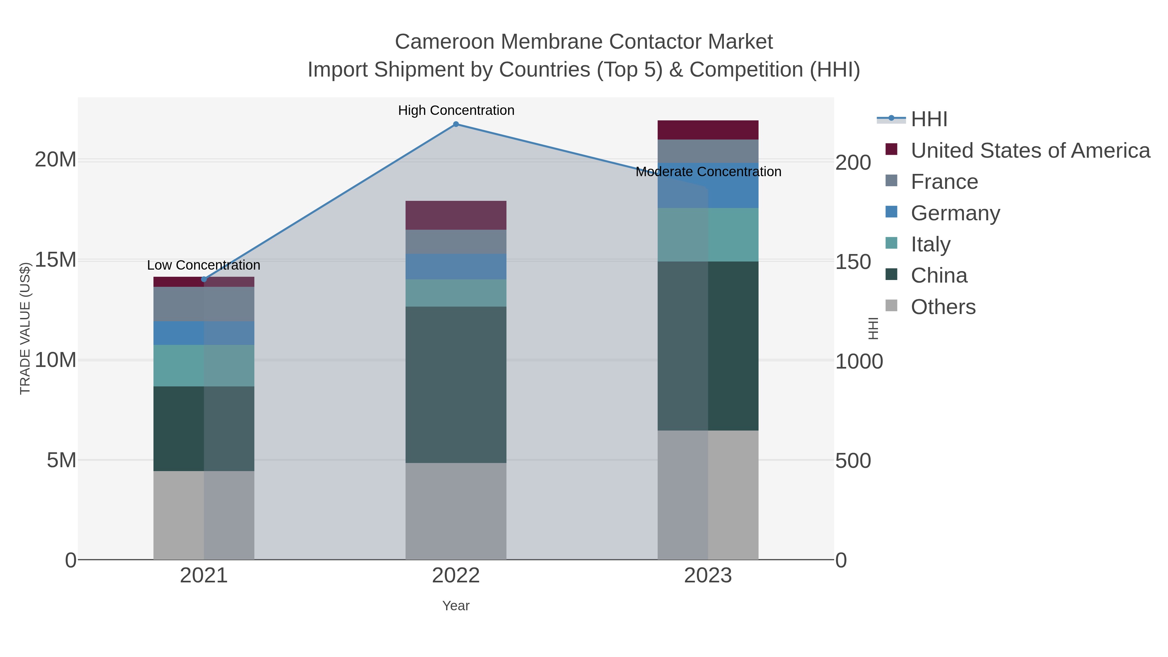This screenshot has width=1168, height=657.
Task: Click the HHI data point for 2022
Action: click(456, 124)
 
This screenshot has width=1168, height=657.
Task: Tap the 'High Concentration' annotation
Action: click(456, 111)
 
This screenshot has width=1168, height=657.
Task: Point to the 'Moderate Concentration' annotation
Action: click(708, 172)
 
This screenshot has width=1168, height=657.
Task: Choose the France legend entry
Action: click(944, 182)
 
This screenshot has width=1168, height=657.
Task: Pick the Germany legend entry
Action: click(955, 213)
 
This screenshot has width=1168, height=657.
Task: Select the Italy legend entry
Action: click(931, 244)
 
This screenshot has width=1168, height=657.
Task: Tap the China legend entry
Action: click(939, 276)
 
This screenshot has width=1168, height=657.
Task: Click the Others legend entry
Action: click(943, 307)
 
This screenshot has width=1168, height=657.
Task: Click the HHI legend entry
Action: click(929, 119)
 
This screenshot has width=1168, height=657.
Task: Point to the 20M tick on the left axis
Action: click(55, 160)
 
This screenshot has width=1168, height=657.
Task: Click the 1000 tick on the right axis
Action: click(859, 362)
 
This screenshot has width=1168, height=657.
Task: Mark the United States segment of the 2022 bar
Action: click(456, 215)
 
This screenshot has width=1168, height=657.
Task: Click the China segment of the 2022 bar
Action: click(456, 384)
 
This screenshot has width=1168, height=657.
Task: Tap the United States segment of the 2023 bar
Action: click(708, 130)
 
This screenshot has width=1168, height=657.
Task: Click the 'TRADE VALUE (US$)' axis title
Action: click(25, 328)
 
